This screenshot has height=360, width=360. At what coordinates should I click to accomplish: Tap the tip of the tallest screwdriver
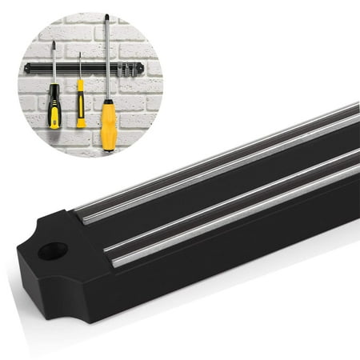[x=106, y=16]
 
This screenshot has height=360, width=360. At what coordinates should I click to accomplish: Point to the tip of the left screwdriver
[x=54, y=43]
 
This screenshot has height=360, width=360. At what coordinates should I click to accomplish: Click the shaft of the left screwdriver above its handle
[x=54, y=64]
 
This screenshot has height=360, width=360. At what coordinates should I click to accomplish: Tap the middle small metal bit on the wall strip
[x=126, y=71]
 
